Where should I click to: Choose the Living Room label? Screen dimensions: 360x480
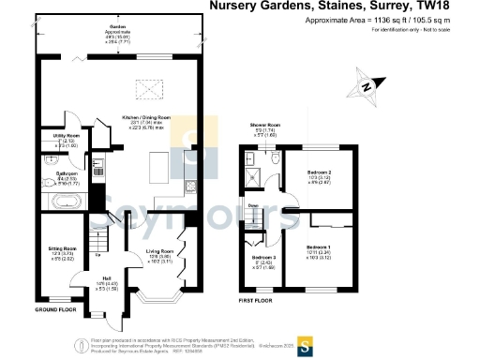point(160,251)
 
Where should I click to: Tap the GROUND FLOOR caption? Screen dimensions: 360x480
point(56,309)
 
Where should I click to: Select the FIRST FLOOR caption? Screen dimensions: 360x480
point(254,302)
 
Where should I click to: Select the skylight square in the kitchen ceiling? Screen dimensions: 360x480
point(149,89)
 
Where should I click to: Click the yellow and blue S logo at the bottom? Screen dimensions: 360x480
point(305,343)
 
